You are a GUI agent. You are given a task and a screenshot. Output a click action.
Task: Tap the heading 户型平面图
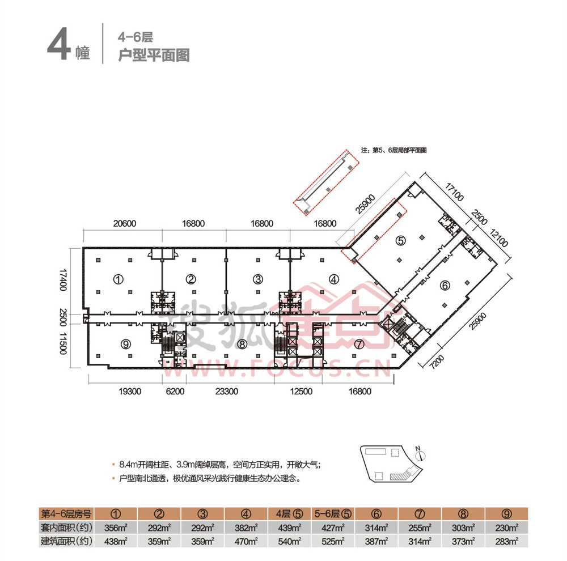(153, 55)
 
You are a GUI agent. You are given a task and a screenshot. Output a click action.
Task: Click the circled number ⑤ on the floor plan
(400, 240)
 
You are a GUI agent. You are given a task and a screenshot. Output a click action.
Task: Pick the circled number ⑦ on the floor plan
(359, 343)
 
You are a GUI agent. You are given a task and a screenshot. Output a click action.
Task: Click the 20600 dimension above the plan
(124, 223)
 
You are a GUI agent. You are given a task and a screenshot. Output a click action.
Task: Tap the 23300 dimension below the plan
(230, 391)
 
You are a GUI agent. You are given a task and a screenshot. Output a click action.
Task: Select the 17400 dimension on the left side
(64, 280)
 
